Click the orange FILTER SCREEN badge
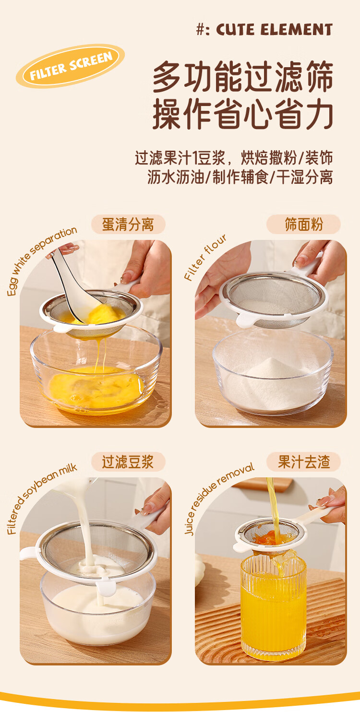pyautogui.click(x=70, y=66)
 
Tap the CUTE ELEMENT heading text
pyautogui.click(x=275, y=30)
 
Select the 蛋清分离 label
pyautogui.click(x=128, y=225)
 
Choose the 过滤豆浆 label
pyautogui.click(x=128, y=462)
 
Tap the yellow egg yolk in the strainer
pyautogui.click(x=102, y=314)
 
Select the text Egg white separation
pyautogui.click(x=41, y=261)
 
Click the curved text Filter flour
pyautogui.click(x=205, y=258)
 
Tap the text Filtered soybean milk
pyautogui.click(x=41, y=498)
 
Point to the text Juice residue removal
pyautogui.click(x=219, y=498)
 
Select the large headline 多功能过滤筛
pyautogui.click(x=243, y=77)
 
